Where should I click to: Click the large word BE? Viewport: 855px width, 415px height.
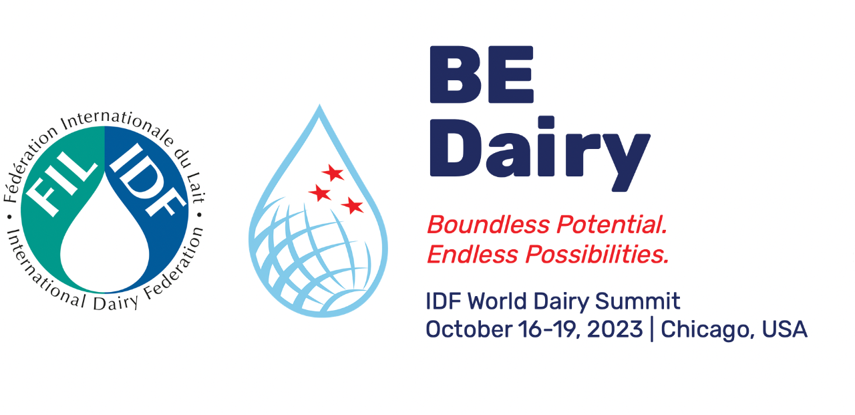(482, 74)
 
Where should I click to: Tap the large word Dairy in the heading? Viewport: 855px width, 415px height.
(540, 154)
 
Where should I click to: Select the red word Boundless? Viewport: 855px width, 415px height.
(488, 224)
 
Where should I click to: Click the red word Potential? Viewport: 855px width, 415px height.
(612, 224)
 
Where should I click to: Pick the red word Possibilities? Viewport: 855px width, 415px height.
(597, 254)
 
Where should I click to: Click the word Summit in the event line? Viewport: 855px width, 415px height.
(637, 301)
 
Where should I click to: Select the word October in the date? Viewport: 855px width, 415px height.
(469, 329)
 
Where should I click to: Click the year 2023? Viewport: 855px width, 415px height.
(615, 329)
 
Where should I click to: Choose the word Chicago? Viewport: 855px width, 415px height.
(707, 330)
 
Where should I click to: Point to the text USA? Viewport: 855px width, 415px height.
(784, 329)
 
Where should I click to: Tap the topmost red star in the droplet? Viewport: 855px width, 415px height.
(333, 172)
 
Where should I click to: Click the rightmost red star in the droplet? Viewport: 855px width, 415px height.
(353, 205)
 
